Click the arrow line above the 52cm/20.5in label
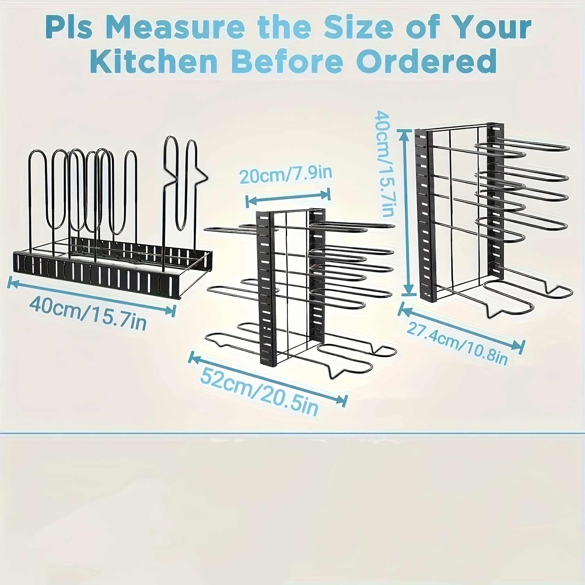click(268, 378)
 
